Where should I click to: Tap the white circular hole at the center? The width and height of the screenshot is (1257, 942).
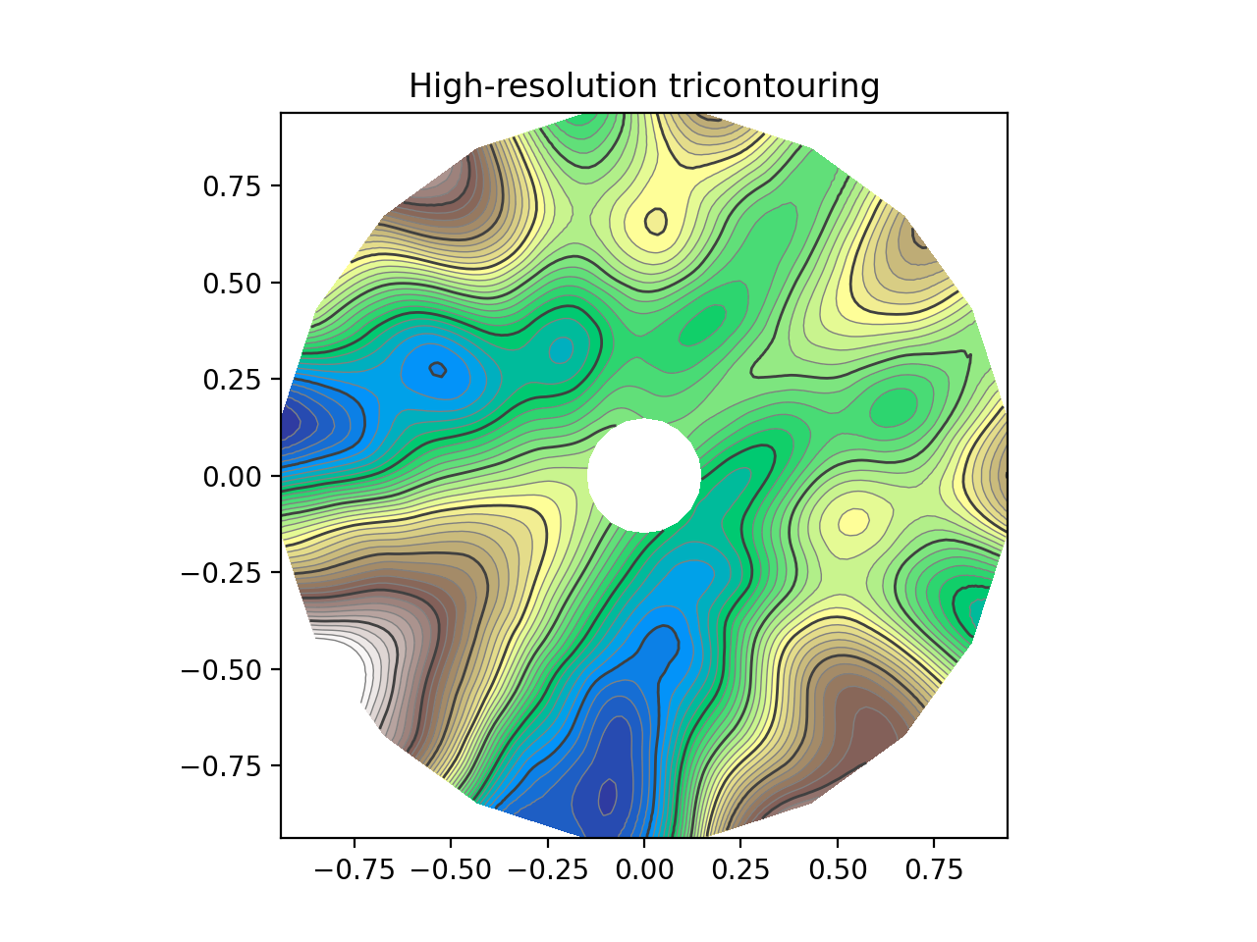pyautogui.click(x=644, y=476)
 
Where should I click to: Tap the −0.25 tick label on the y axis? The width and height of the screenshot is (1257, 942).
pyautogui.click(x=224, y=573)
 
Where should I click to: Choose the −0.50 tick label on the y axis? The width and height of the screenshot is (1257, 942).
pyautogui.click(x=224, y=670)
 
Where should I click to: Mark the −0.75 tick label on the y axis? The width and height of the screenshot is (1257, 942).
pyautogui.click(x=224, y=766)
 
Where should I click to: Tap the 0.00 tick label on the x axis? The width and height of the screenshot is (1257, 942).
pyautogui.click(x=644, y=870)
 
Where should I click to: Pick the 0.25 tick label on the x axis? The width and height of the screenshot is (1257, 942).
pyautogui.click(x=740, y=870)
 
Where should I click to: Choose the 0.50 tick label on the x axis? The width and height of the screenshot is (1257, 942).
pyautogui.click(x=838, y=870)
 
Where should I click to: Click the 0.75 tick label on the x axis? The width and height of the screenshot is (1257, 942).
pyautogui.click(x=934, y=870)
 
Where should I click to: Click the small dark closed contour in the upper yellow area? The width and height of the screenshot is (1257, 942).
pyautogui.click(x=656, y=221)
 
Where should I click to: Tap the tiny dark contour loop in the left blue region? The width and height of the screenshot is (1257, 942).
pyautogui.click(x=438, y=370)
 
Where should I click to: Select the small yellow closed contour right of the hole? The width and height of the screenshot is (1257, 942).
pyautogui.click(x=853, y=521)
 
